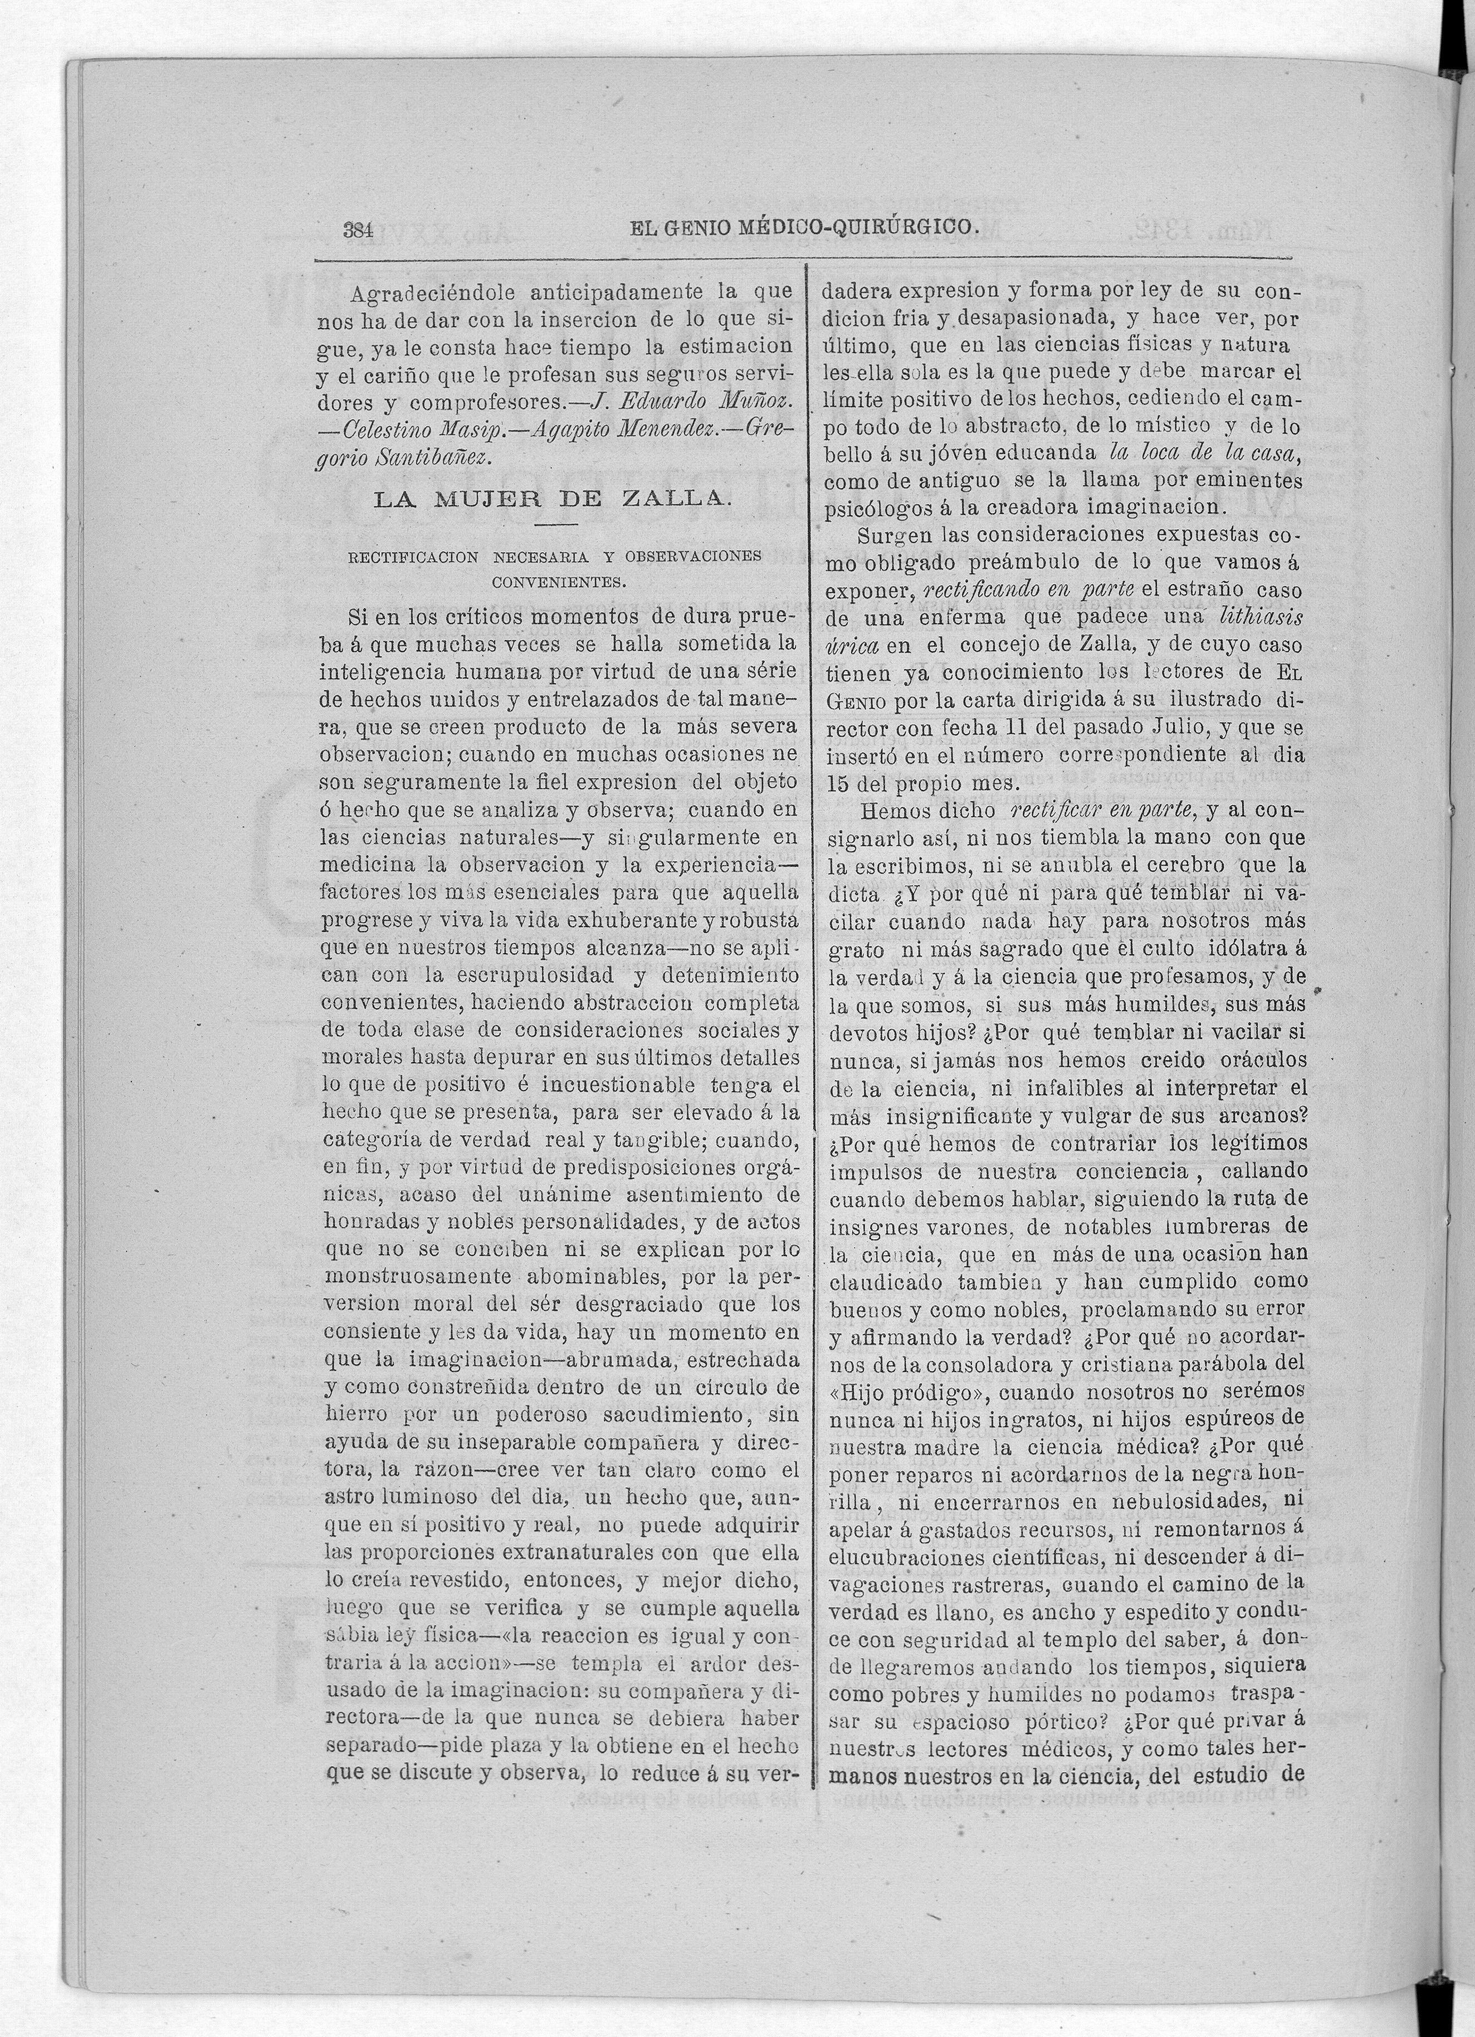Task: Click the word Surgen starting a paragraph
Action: [893, 535]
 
